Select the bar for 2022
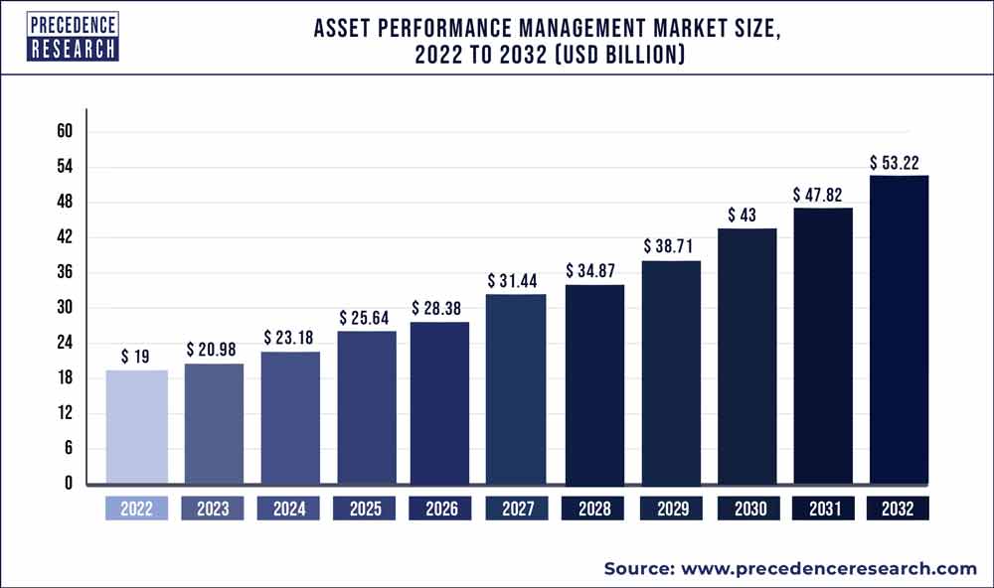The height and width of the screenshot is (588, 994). (136, 427)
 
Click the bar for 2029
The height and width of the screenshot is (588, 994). (670, 372)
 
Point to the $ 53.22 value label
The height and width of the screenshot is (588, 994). (899, 162)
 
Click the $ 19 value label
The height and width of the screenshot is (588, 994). (137, 356)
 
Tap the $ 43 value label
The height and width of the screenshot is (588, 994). (746, 215)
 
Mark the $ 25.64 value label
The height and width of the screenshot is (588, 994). (365, 317)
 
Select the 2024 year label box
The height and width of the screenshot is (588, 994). (288, 509)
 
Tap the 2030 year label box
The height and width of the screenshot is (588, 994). (746, 509)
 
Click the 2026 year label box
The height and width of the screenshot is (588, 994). (441, 509)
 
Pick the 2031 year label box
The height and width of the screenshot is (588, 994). (822, 509)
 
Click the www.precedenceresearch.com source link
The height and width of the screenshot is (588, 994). (829, 568)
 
